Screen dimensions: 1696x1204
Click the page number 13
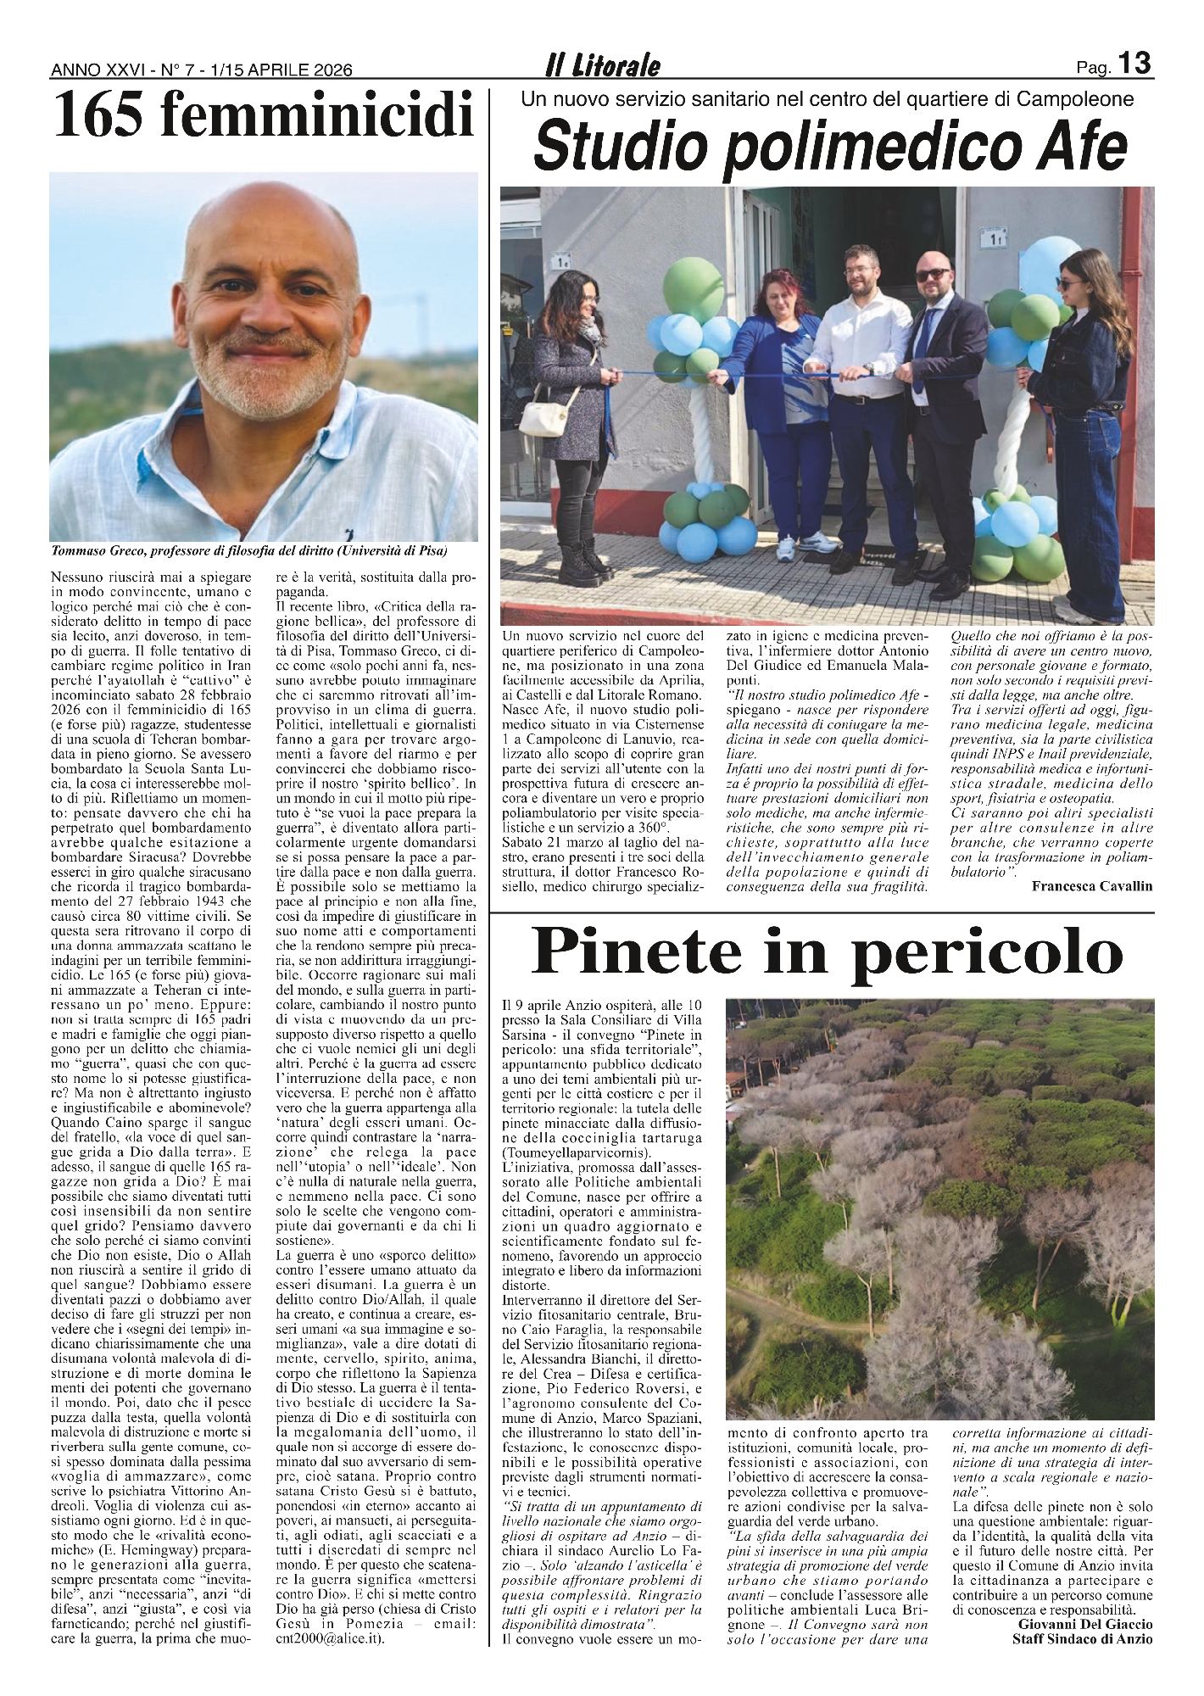(x=1134, y=64)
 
